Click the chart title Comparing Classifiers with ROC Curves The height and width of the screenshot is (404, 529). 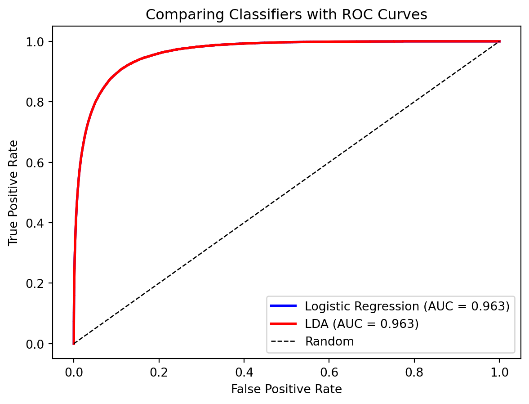click(x=286, y=15)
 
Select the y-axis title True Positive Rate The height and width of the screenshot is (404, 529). click(x=13, y=193)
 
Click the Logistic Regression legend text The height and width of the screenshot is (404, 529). click(x=407, y=306)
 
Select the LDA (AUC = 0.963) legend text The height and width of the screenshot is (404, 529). click(x=362, y=324)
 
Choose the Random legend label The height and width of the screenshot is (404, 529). click(x=329, y=341)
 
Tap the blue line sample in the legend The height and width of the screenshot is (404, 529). click(x=283, y=306)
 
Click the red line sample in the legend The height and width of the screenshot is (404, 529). click(x=283, y=324)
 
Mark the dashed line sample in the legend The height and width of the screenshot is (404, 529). click(x=283, y=341)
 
